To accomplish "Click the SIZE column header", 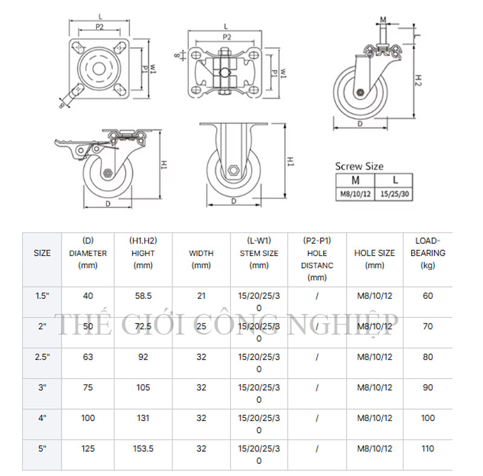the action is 42,253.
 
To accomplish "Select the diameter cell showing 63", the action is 88,357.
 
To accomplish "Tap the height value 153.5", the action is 143,449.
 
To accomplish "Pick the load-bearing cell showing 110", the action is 427,449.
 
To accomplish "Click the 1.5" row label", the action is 42,296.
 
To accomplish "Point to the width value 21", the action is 201,296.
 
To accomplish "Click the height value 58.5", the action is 143,296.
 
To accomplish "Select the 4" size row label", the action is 42,418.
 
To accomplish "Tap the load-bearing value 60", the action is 427,296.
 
